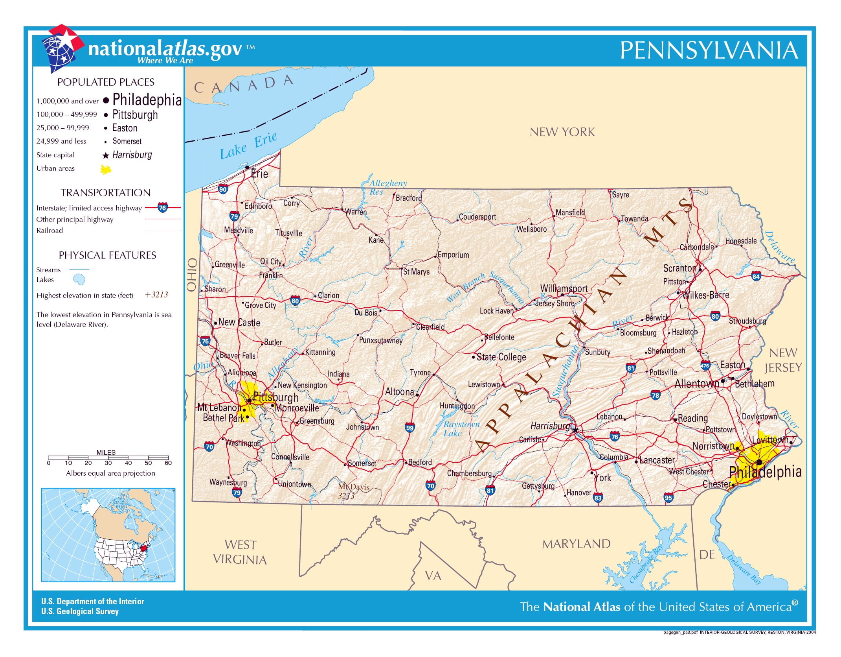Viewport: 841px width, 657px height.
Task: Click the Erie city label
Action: pos(259,174)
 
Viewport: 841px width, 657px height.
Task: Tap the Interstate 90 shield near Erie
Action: pos(223,189)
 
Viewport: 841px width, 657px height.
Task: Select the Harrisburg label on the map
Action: pos(550,426)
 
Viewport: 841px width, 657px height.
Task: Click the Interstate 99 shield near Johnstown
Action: pos(409,428)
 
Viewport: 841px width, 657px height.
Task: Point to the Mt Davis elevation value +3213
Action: pos(343,496)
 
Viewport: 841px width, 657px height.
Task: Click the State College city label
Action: pos(501,357)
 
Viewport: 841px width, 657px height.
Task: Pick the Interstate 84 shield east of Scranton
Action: pos(756,276)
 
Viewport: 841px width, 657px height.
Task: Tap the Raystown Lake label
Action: pos(461,429)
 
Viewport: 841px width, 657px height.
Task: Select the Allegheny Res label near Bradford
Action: pos(387,187)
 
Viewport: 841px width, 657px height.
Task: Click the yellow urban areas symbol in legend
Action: pos(106,170)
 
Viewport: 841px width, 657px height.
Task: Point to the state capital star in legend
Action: pos(105,155)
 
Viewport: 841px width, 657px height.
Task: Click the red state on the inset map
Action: pos(144,548)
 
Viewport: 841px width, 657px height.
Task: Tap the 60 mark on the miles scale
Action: pos(168,463)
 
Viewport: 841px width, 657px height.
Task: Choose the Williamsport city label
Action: pos(564,288)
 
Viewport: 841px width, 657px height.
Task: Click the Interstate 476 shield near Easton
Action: pos(705,365)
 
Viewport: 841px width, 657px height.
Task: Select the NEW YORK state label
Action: pos(562,132)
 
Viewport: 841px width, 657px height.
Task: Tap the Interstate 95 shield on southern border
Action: pos(668,497)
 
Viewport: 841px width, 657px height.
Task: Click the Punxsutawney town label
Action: pos(380,340)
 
